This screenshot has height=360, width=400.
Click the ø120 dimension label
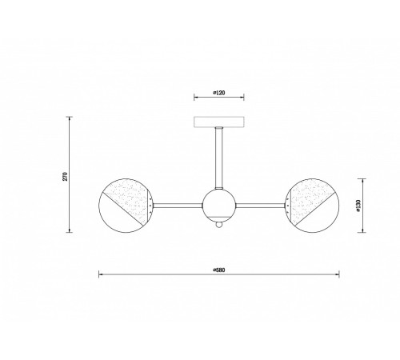[x=219, y=93]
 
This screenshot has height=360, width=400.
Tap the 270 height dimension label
[x=66, y=177]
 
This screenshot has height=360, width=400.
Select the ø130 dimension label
[x=358, y=206]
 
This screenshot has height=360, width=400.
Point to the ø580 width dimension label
[x=219, y=270]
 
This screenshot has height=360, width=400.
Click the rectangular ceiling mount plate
[x=219, y=122]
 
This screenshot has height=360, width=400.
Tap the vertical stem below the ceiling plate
[x=219, y=158]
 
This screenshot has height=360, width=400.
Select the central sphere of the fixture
[x=219, y=206]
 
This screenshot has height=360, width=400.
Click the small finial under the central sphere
[x=219, y=225]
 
